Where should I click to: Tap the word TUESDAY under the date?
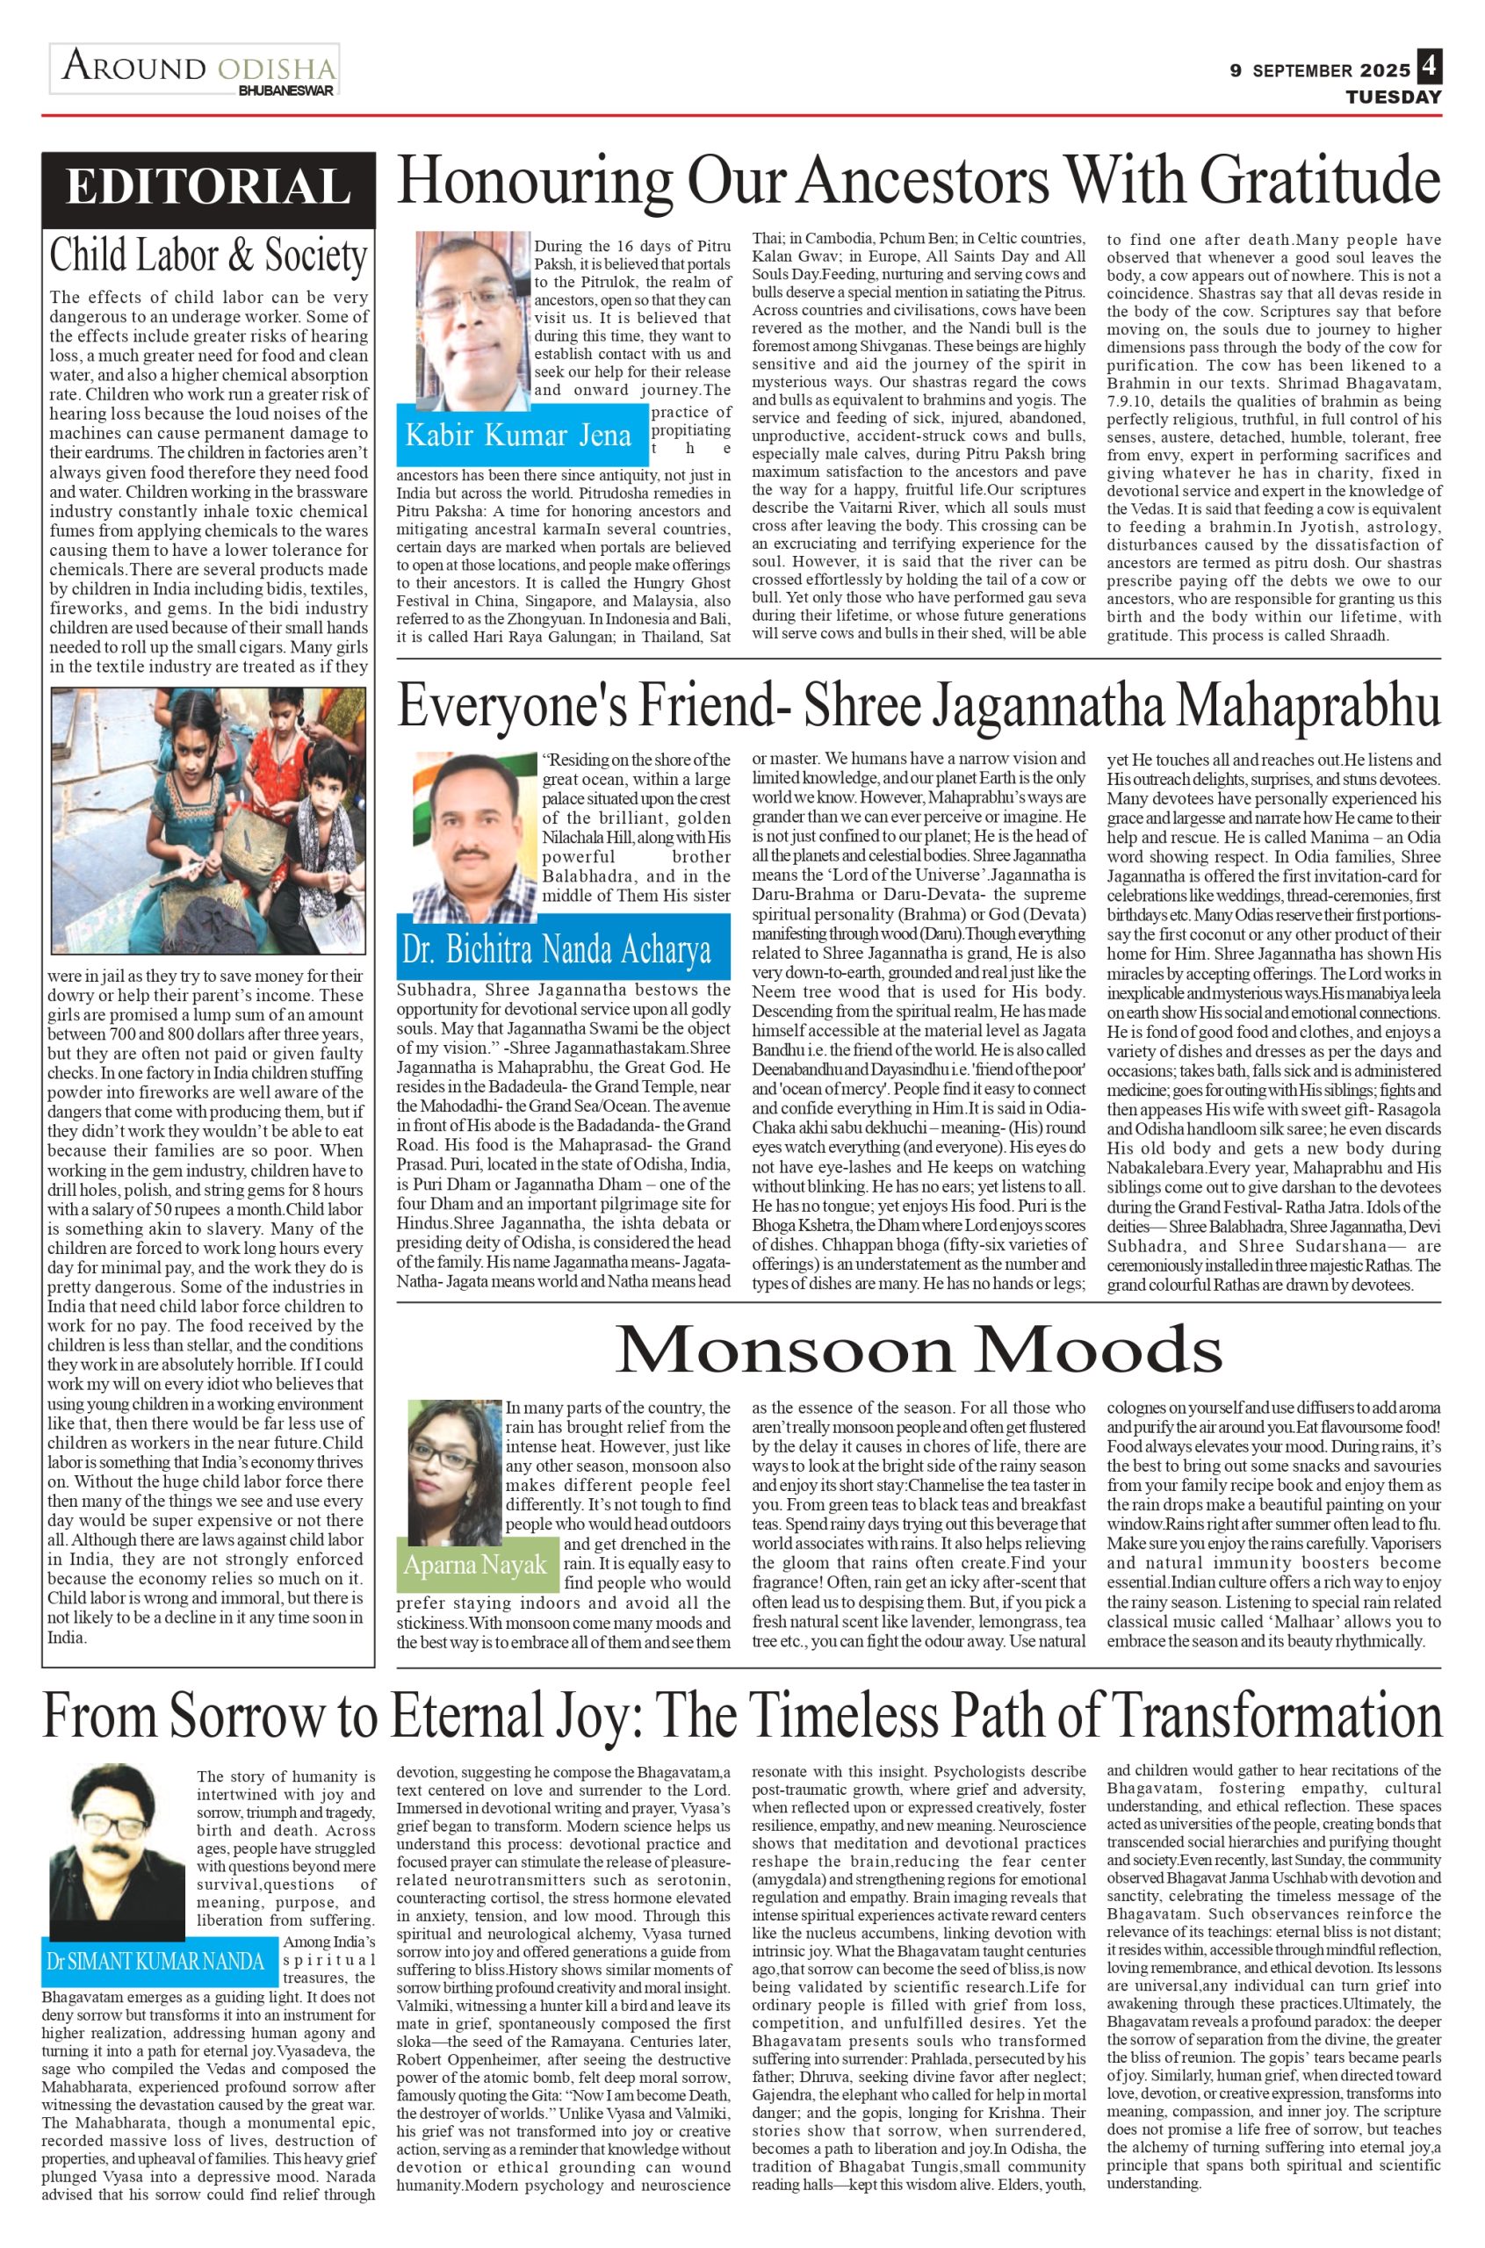1393,97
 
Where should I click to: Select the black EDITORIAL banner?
207,185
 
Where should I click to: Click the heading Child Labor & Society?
207,256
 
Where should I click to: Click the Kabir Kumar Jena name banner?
518,435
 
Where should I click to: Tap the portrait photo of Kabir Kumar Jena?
473,319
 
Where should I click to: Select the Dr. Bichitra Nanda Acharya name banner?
564,947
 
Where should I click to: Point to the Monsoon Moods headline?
919,1351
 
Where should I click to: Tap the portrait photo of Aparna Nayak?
456,1466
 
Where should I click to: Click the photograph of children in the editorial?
207,821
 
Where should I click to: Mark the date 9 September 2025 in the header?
1319,71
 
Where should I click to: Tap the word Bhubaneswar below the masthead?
285,91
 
